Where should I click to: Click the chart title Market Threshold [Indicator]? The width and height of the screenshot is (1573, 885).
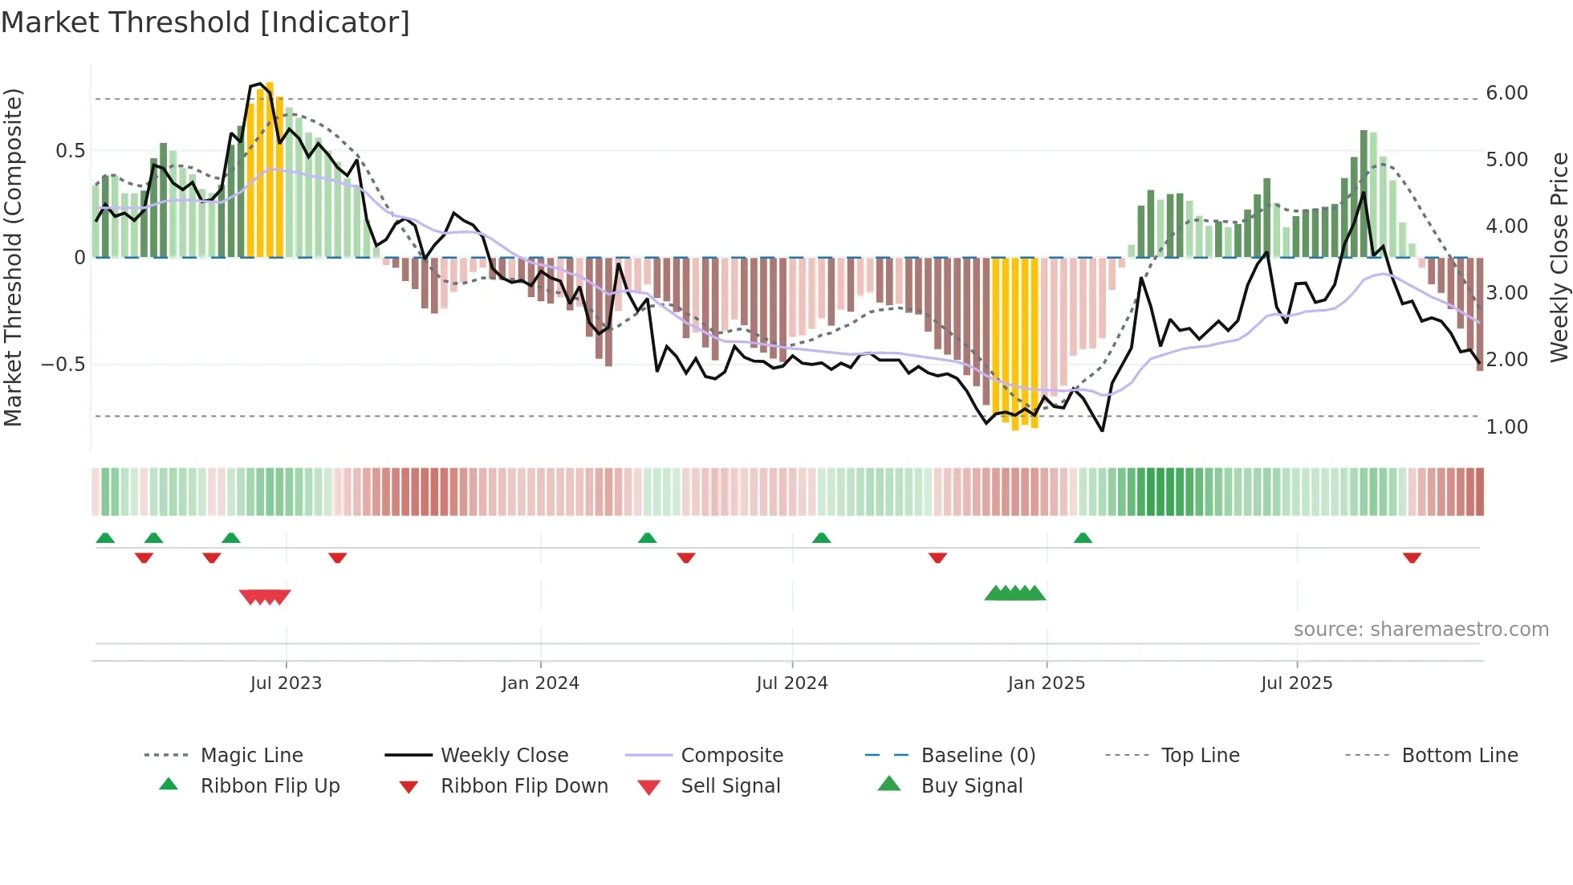pyautogui.click(x=205, y=22)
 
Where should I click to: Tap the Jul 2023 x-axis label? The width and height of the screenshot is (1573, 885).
pyautogui.click(x=286, y=683)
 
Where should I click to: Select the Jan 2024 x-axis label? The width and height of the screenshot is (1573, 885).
pyautogui.click(x=540, y=683)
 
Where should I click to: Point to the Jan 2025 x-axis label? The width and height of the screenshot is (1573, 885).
pyautogui.click(x=1046, y=683)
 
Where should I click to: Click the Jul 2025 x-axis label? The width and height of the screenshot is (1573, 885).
pyautogui.click(x=1296, y=683)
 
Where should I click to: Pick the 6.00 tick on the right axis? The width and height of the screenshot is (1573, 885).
pyautogui.click(x=1506, y=93)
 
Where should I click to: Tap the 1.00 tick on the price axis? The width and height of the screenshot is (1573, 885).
pyautogui.click(x=1506, y=427)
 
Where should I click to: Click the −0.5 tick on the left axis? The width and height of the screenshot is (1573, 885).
pyautogui.click(x=63, y=365)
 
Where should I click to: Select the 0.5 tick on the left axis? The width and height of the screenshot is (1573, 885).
pyautogui.click(x=70, y=151)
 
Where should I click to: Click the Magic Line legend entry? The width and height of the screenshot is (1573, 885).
pyautogui.click(x=251, y=756)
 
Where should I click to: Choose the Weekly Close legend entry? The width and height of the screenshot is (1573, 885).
pyautogui.click(x=504, y=756)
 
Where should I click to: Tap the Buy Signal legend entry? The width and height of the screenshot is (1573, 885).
pyautogui.click(x=971, y=786)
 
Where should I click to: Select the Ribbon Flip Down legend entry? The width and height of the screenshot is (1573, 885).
pyautogui.click(x=524, y=786)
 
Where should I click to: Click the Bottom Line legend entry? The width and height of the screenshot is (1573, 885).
pyautogui.click(x=1459, y=756)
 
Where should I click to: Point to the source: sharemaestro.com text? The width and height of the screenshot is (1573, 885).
pyautogui.click(x=1421, y=630)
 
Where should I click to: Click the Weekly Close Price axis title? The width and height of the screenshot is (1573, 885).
pyautogui.click(x=1559, y=257)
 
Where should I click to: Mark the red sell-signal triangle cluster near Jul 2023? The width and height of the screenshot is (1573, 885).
pyautogui.click(x=265, y=597)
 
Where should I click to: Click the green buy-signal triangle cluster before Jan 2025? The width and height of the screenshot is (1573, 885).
pyautogui.click(x=1015, y=593)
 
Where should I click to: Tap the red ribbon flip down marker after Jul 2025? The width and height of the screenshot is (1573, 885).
pyautogui.click(x=1412, y=558)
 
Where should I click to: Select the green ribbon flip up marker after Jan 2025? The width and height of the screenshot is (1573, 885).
pyautogui.click(x=1083, y=537)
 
